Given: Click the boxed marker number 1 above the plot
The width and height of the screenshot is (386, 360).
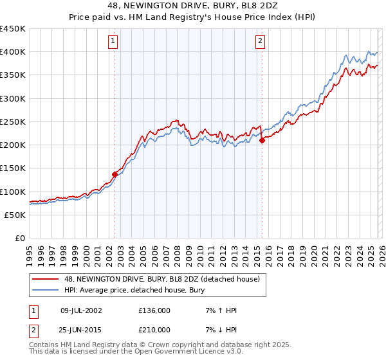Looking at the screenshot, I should click(113, 41).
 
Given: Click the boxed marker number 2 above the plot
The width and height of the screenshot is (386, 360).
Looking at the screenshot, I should click(261, 41).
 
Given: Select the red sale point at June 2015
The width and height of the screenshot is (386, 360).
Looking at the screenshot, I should click(262, 141).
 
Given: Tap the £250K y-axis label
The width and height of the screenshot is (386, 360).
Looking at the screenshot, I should click(13, 122).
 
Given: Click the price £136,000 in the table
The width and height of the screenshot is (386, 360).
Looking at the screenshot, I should click(154, 310).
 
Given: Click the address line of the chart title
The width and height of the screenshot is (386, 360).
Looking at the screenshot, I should click(193, 6).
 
